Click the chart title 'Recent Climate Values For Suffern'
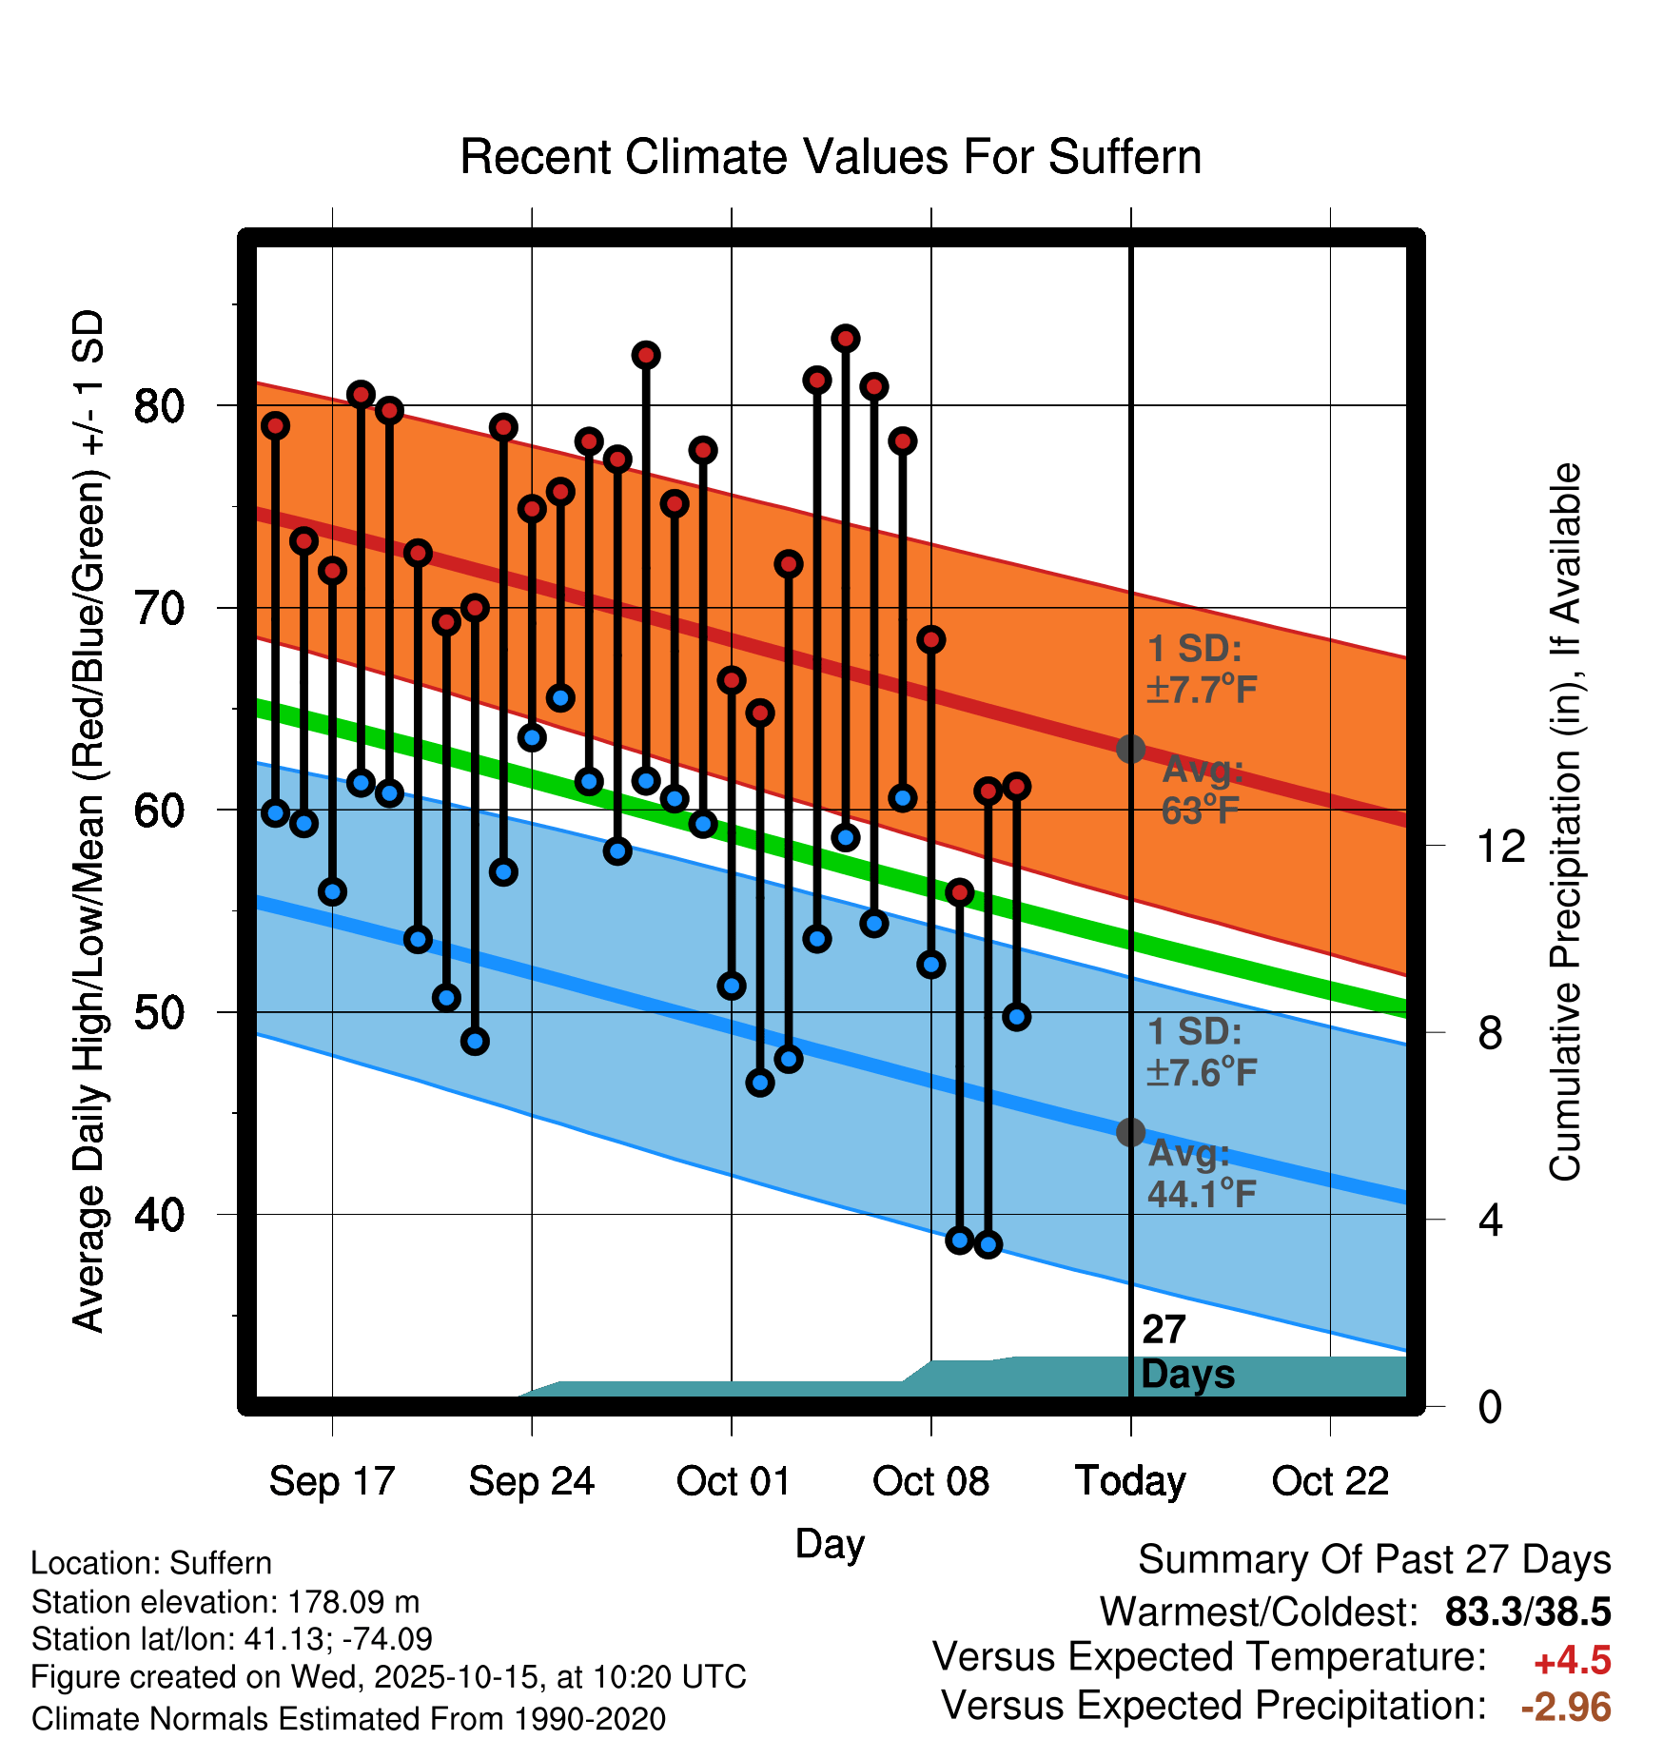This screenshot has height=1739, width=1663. coord(831,157)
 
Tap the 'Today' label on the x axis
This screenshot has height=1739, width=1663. coord(1130,1480)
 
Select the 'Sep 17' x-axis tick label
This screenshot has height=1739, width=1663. coord(331,1480)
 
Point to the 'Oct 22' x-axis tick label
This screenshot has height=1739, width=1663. coord(1330,1480)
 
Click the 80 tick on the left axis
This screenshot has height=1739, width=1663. coord(159,406)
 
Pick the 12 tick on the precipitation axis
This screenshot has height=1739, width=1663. coord(1500,846)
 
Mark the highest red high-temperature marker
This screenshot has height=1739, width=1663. coord(846,339)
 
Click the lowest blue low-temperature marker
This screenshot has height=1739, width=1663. coord(988,1244)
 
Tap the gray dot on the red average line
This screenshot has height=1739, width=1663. coord(1130,749)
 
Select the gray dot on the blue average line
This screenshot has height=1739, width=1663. coord(1130,1132)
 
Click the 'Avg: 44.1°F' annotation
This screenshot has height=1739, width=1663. coord(1202,1173)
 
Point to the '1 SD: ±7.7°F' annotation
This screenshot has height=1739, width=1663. coord(1202,669)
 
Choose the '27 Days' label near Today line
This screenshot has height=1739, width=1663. coord(1186,1352)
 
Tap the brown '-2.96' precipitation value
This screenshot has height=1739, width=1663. coord(1566,1707)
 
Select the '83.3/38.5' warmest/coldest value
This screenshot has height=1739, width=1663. coord(1528,1612)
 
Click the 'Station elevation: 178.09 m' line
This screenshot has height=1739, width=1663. coord(225,1601)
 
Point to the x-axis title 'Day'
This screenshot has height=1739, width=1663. coord(830,1543)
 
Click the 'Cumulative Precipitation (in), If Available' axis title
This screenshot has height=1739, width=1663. coord(1565,822)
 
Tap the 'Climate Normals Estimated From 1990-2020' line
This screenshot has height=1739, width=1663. coord(348,1718)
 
